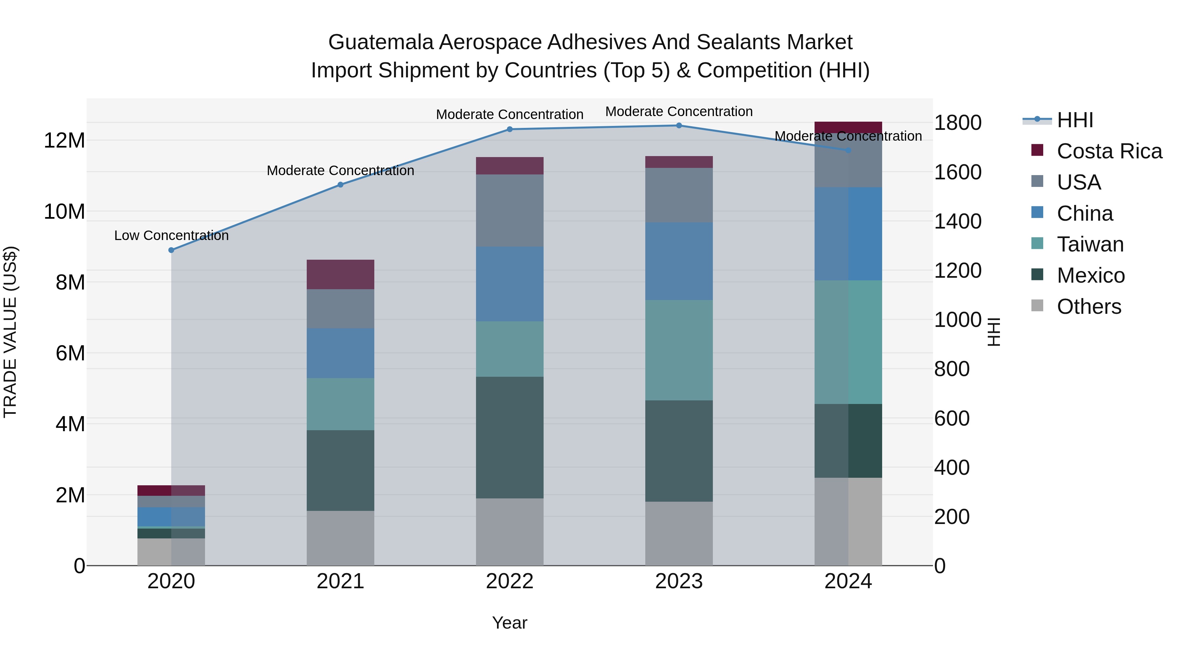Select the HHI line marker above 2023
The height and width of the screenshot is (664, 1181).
click(x=679, y=126)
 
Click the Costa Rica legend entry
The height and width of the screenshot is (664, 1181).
click(x=1109, y=151)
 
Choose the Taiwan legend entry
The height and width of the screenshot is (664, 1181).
click(x=1090, y=244)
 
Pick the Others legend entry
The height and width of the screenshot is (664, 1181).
click(x=1089, y=307)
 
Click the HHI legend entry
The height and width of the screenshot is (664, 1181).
click(x=1075, y=120)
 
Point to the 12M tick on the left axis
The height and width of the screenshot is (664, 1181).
click(x=64, y=140)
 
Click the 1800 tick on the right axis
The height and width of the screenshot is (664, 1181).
click(x=958, y=123)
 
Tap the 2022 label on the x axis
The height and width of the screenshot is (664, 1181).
click(x=509, y=581)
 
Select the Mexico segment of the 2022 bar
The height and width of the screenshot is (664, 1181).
click(x=509, y=438)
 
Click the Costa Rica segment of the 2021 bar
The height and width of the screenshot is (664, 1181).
click(x=340, y=274)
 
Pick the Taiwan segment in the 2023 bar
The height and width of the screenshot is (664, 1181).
click(x=679, y=350)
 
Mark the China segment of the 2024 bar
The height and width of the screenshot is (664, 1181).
click(x=848, y=234)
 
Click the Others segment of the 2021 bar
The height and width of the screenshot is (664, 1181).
click(x=340, y=538)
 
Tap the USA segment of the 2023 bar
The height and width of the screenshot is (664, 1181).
click(x=679, y=195)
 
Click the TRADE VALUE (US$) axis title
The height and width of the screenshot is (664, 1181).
click(x=10, y=332)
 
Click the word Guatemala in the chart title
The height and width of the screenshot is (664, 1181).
click(x=381, y=42)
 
